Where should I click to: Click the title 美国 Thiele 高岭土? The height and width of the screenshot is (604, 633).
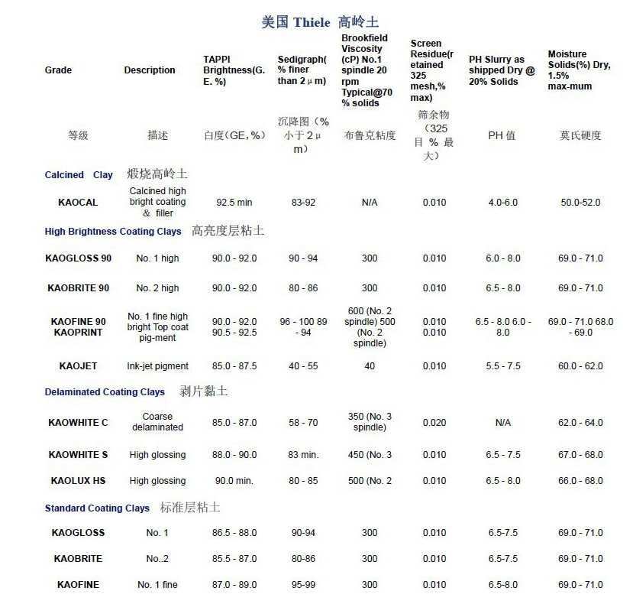(319, 22)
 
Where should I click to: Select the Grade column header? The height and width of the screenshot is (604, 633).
(58, 70)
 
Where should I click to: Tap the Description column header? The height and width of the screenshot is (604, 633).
(150, 70)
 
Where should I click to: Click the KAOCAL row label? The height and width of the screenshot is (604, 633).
(78, 203)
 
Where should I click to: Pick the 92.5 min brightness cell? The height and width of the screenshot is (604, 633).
(234, 203)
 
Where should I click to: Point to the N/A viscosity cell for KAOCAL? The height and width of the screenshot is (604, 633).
(370, 203)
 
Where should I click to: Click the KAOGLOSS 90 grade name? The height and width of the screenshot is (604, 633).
(78, 258)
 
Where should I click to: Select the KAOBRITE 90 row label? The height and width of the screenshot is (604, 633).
(78, 288)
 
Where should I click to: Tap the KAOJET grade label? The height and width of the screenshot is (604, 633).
(78, 366)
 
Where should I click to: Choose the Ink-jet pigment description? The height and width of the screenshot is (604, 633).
(157, 366)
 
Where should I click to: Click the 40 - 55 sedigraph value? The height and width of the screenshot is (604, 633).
(303, 366)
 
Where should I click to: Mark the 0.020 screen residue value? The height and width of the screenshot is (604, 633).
(434, 423)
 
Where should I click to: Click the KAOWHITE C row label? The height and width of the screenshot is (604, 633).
(78, 423)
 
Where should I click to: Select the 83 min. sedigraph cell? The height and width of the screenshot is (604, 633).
(303, 455)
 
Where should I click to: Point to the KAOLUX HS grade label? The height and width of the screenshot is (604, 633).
(78, 481)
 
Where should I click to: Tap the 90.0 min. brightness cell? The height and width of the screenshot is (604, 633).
(234, 481)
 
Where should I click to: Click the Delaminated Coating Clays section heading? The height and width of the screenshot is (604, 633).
(105, 392)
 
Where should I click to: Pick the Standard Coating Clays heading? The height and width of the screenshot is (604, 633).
(97, 508)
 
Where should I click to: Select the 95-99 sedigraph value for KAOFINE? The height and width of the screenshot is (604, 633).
(303, 585)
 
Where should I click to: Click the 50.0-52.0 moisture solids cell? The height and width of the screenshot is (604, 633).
(580, 203)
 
